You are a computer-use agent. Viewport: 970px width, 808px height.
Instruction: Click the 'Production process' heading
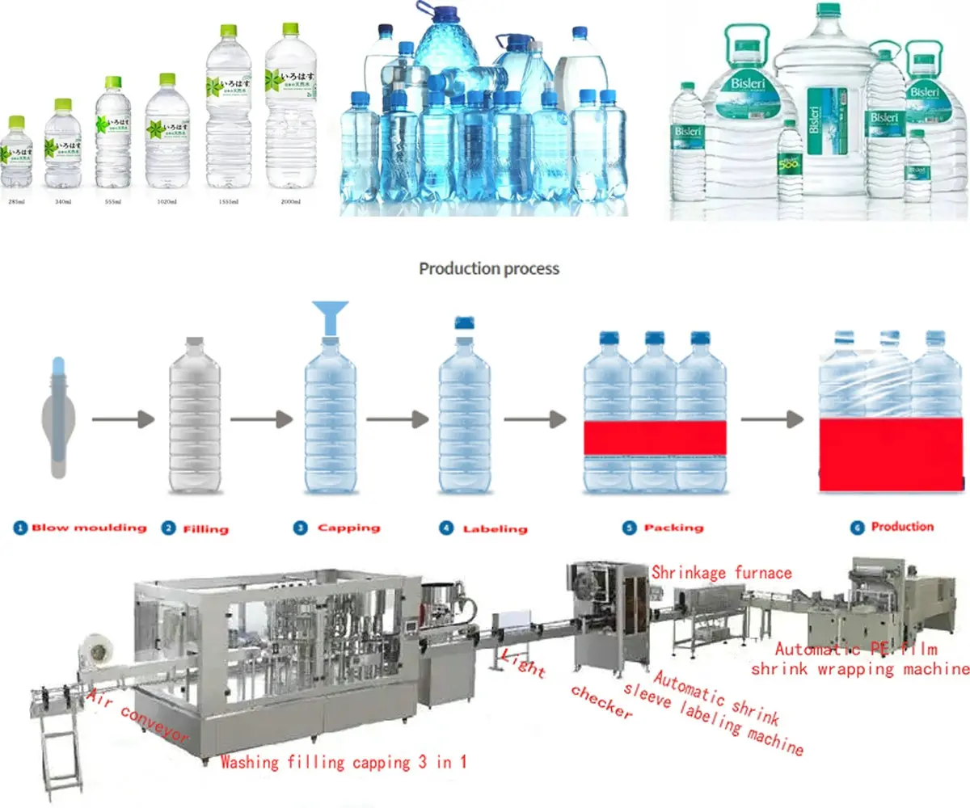tap(488, 268)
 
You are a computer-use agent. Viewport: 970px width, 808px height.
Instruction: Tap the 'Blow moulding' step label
tap(89, 528)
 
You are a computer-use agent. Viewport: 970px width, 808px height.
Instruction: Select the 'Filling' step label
tap(205, 529)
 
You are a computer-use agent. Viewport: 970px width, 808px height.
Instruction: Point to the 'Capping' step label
tap(348, 528)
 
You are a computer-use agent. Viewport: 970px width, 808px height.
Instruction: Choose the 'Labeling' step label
tap(494, 529)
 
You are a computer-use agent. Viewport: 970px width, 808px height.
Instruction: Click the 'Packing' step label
tap(673, 528)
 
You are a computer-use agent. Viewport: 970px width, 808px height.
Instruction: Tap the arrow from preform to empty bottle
tap(122, 419)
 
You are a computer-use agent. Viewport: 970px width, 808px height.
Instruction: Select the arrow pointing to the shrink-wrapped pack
tap(772, 419)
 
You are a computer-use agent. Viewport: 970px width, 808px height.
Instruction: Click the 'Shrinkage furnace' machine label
tap(722, 573)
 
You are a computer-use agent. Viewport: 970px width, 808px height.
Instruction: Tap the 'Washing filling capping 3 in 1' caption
tap(344, 761)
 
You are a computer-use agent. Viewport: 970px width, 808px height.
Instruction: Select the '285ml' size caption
tap(15, 200)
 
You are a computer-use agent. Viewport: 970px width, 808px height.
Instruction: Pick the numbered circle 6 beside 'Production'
tap(857, 527)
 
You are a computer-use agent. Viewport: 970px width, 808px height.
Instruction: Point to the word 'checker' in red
tap(601, 701)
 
